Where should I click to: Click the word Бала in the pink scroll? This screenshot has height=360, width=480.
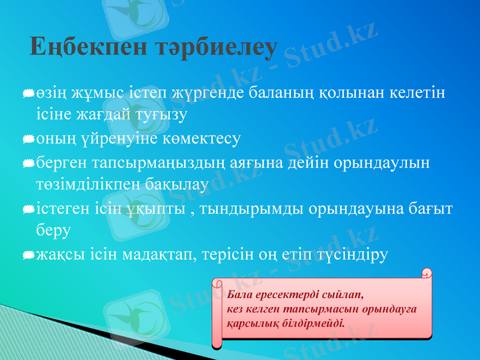coord(239,295)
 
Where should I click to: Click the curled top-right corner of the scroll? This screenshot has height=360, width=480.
coord(427,274)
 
